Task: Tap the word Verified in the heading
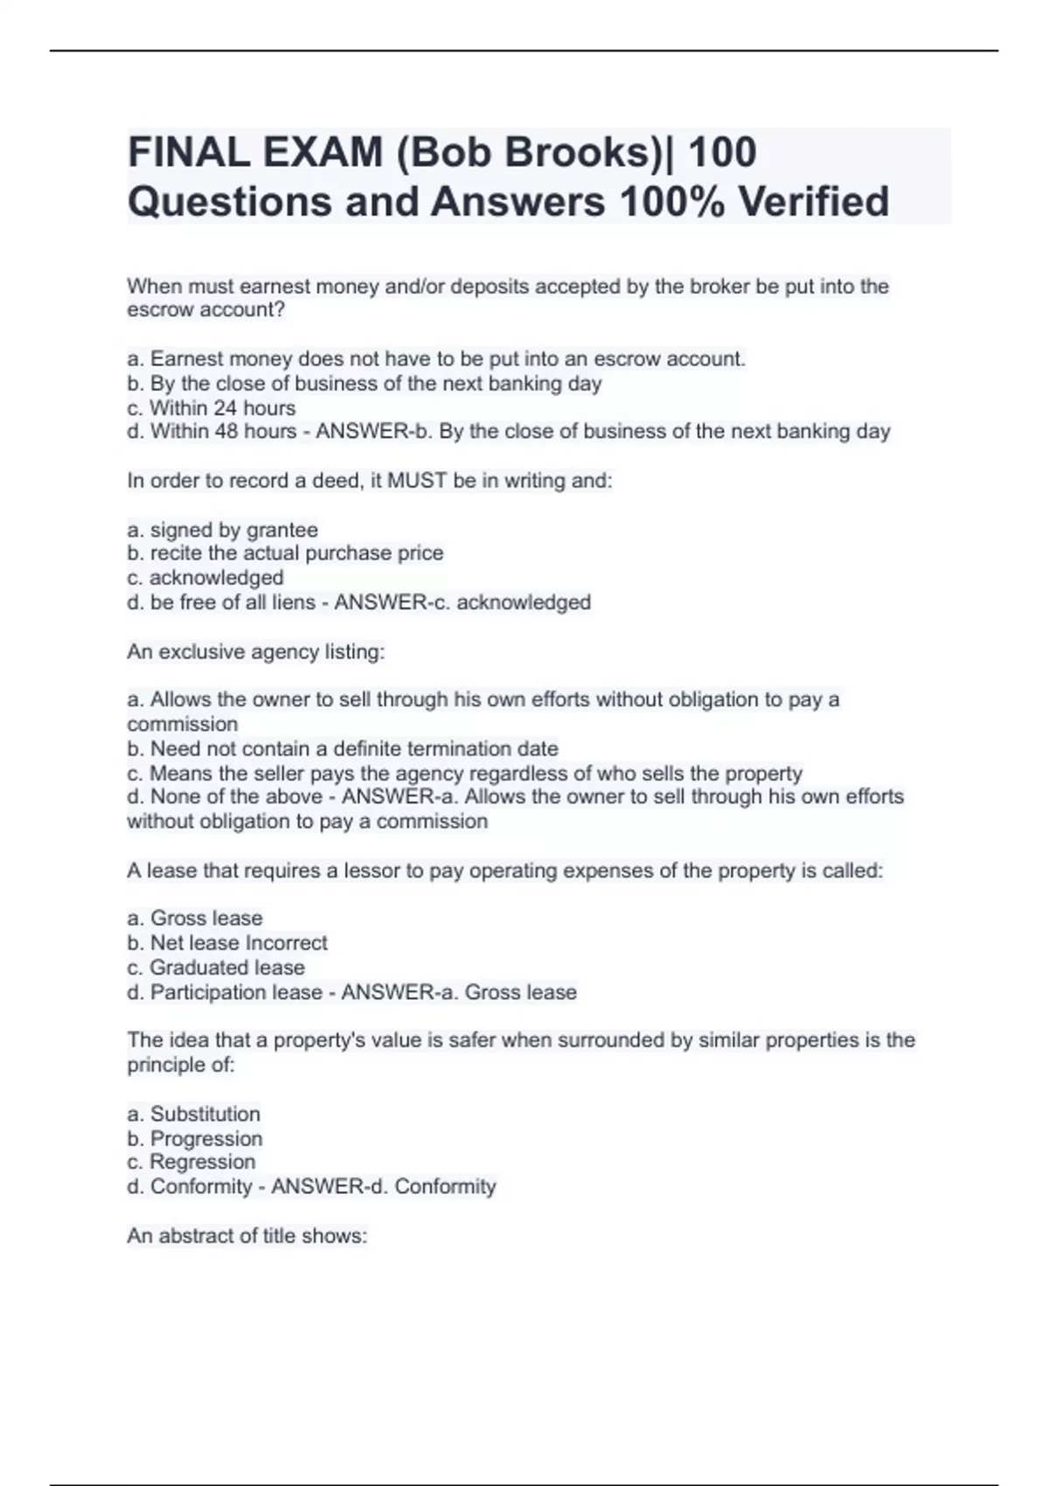pos(814,202)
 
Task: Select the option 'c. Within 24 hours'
pos(212,408)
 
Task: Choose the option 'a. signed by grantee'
pos(223,530)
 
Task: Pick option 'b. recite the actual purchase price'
pos(286,553)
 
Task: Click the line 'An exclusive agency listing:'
pos(256,652)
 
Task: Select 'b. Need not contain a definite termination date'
pos(343,749)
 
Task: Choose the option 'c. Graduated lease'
pos(216,968)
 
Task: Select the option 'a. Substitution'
pos(194,1114)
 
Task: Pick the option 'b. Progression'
pos(195,1139)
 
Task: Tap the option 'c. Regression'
pos(191,1163)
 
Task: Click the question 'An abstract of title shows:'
pos(247,1236)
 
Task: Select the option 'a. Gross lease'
pos(195,919)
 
